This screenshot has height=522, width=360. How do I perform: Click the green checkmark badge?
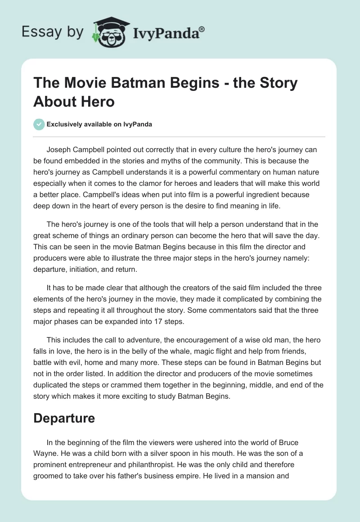pos(39,124)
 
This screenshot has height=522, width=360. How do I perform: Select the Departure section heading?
pos(64,418)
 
